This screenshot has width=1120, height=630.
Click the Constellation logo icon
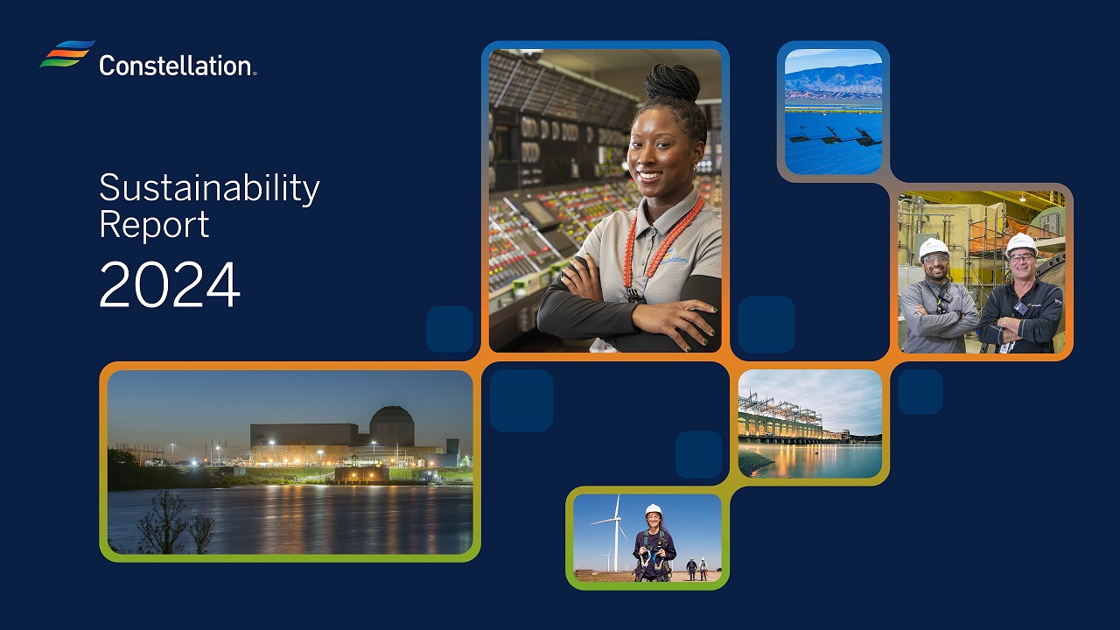click(x=67, y=53)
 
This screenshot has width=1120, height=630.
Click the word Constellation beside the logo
click(x=176, y=65)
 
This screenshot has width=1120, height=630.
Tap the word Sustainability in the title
click(x=209, y=188)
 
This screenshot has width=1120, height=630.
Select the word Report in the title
click(x=154, y=224)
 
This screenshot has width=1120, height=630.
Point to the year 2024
click(x=169, y=284)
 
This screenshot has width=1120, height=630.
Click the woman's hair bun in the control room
click(x=672, y=83)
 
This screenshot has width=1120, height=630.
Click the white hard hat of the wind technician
click(x=653, y=509)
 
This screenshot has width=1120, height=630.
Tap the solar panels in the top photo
click(x=833, y=140)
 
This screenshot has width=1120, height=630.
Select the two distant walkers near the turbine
click(x=696, y=568)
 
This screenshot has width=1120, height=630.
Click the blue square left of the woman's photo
click(x=450, y=329)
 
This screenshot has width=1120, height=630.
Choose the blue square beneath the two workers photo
click(x=920, y=391)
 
